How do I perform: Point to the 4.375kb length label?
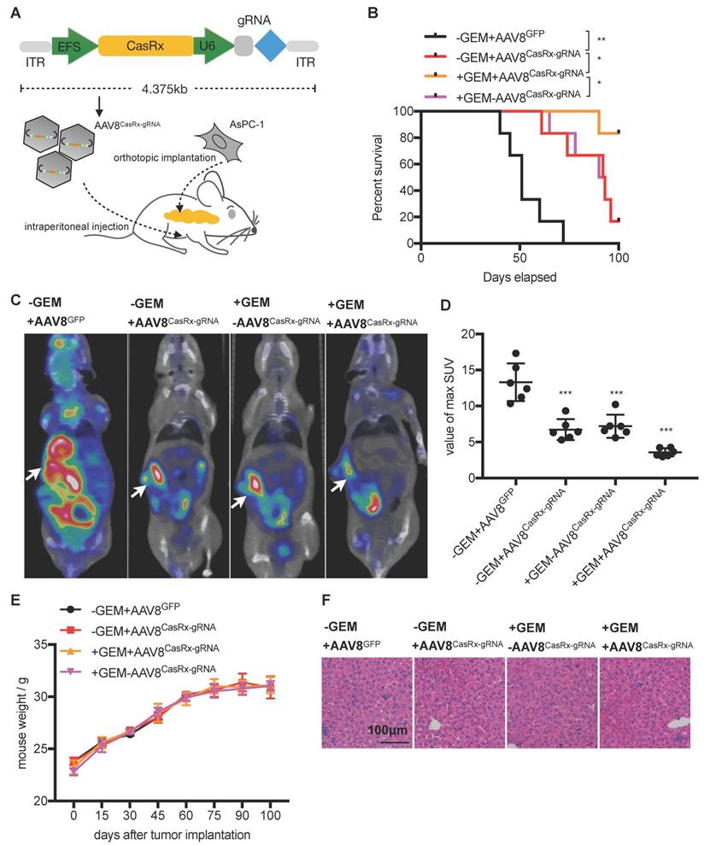click(168, 88)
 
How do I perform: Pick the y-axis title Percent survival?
click(378, 177)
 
